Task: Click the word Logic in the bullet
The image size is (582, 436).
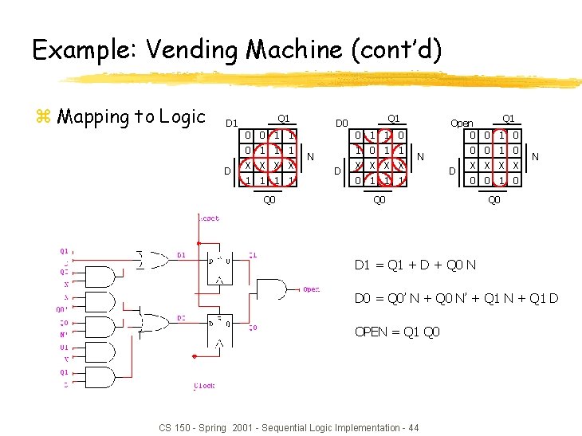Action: tap(183, 117)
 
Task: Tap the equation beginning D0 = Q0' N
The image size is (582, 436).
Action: tap(456, 299)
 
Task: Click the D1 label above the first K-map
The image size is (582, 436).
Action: tap(231, 124)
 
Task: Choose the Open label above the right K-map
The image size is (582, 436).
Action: tap(462, 124)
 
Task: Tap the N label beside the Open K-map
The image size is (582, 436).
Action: tap(536, 158)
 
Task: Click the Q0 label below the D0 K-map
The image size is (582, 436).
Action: tap(379, 200)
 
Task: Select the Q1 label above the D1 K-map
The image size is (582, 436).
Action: tap(283, 119)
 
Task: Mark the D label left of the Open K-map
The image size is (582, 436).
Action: tap(453, 171)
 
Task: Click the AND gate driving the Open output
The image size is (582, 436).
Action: tap(273, 290)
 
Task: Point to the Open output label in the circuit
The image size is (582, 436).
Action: tap(311, 290)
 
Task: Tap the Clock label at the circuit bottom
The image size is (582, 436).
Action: tap(204, 387)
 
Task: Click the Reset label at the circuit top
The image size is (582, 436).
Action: tap(210, 218)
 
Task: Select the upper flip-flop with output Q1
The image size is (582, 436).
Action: tap(219, 265)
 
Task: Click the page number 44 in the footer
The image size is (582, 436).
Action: tap(411, 428)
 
